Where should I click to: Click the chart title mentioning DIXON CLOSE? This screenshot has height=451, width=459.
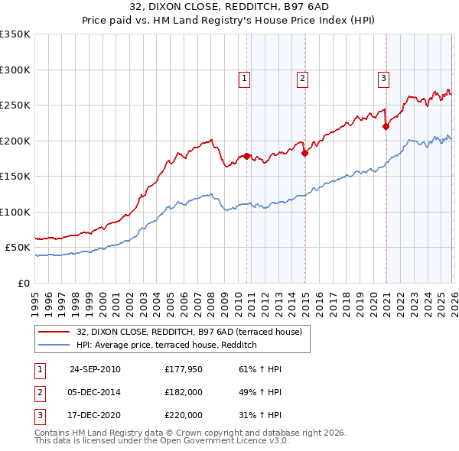(x=229, y=8)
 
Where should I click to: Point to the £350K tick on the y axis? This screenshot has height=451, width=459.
(x=15, y=34)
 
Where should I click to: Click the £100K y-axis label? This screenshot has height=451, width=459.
(x=15, y=212)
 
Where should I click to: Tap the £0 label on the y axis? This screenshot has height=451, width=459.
(x=23, y=283)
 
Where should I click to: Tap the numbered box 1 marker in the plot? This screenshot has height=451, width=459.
(x=244, y=77)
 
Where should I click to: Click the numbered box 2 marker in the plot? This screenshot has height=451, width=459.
(x=302, y=77)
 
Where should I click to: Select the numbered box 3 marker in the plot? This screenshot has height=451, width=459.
(x=383, y=77)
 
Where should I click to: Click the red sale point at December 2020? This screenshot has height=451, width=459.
(x=386, y=127)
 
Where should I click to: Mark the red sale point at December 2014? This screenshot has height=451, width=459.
(x=304, y=154)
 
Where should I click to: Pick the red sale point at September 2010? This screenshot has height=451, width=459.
(x=247, y=156)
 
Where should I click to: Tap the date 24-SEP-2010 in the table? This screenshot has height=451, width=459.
(x=95, y=369)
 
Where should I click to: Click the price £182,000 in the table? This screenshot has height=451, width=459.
(x=184, y=392)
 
